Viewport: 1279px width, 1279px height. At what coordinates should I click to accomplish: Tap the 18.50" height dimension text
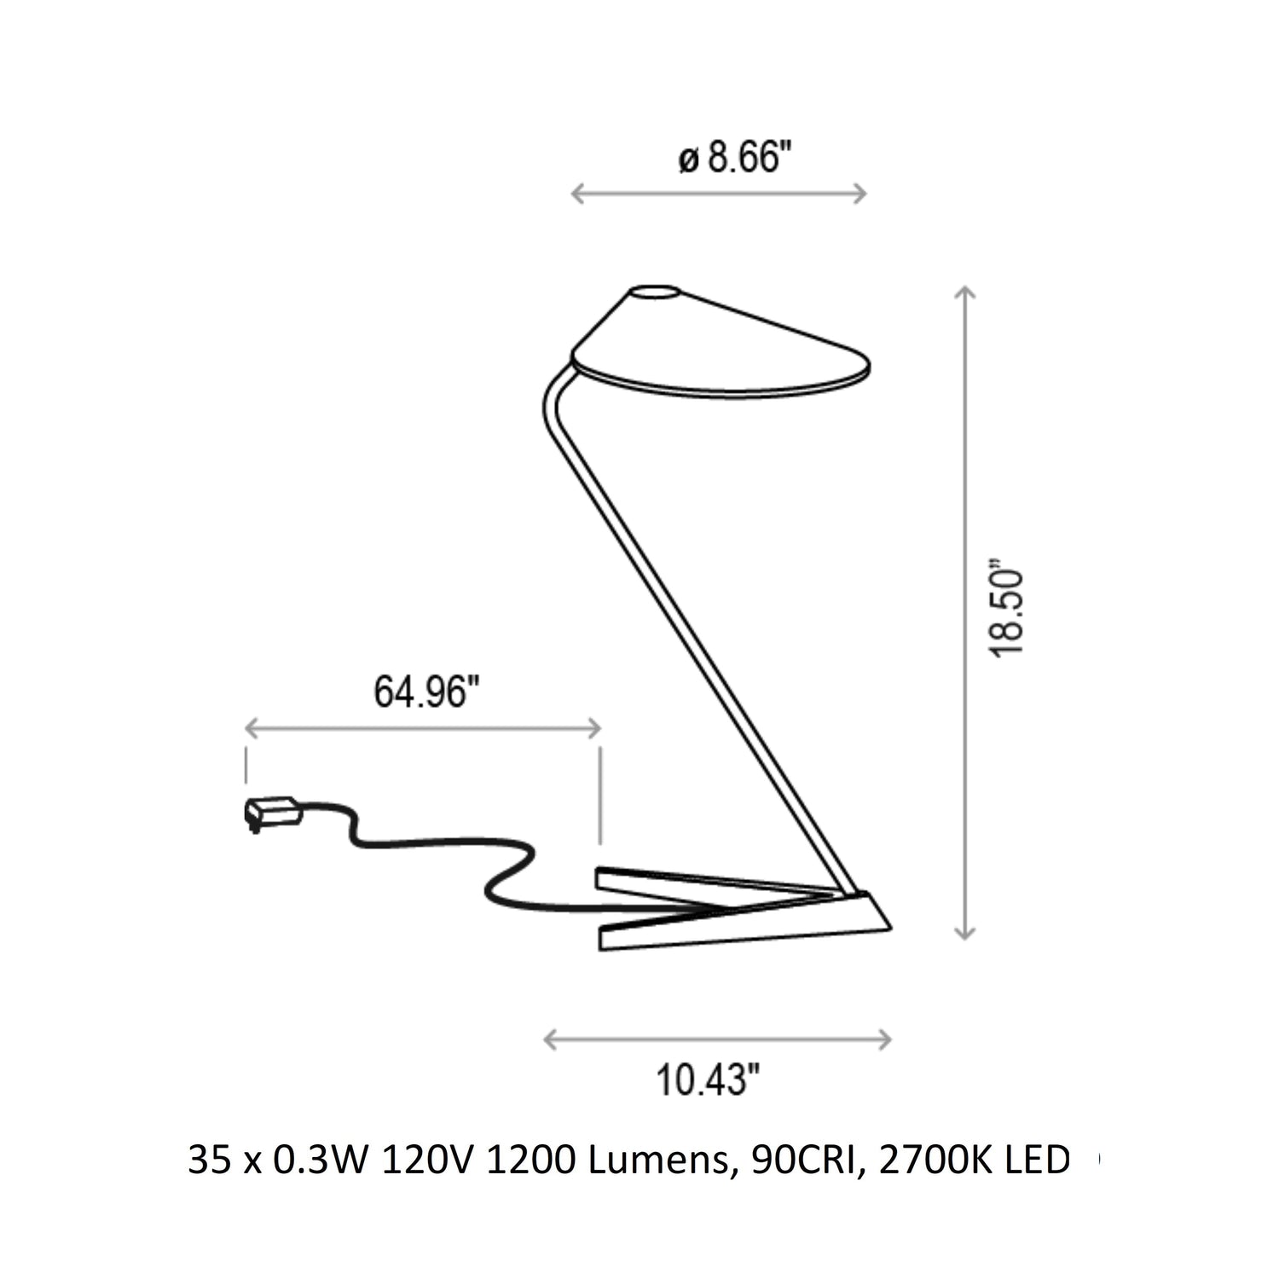(x=1007, y=609)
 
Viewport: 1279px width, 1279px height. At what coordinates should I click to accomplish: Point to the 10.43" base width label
(x=708, y=1080)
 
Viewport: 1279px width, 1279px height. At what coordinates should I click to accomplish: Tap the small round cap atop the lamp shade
(x=655, y=292)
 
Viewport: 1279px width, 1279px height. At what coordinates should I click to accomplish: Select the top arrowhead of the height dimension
(x=964, y=293)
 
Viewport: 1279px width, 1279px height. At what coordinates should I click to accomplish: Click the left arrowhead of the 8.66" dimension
(x=578, y=194)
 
